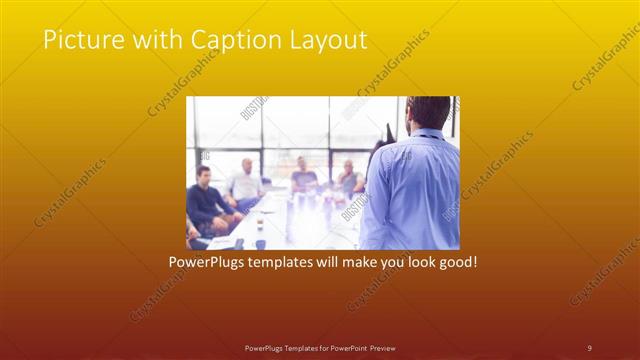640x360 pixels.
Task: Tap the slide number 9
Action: click(589, 347)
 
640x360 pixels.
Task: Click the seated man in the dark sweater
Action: click(207, 200)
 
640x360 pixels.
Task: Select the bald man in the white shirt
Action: click(244, 183)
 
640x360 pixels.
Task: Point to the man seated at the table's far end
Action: click(304, 173)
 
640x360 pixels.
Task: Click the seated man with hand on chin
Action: click(349, 177)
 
